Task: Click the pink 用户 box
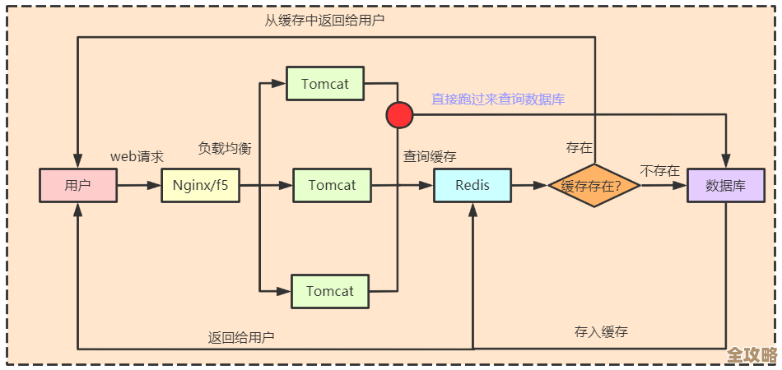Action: (77, 185)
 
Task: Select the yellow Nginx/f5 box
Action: (200, 185)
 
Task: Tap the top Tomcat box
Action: (324, 83)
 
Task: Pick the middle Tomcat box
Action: (332, 185)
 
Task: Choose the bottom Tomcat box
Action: (330, 291)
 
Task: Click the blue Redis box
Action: (472, 185)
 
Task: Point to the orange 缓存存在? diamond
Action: (594, 186)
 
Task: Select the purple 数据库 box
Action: (725, 185)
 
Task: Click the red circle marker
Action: (398, 115)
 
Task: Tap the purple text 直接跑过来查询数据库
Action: (498, 99)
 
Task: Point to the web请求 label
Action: (137, 156)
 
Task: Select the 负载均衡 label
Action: (225, 149)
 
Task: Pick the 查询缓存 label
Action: (430, 156)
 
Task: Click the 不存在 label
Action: (660, 171)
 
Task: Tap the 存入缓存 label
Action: (601, 332)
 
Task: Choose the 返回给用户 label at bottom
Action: (241, 337)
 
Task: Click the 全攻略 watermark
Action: (752, 355)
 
